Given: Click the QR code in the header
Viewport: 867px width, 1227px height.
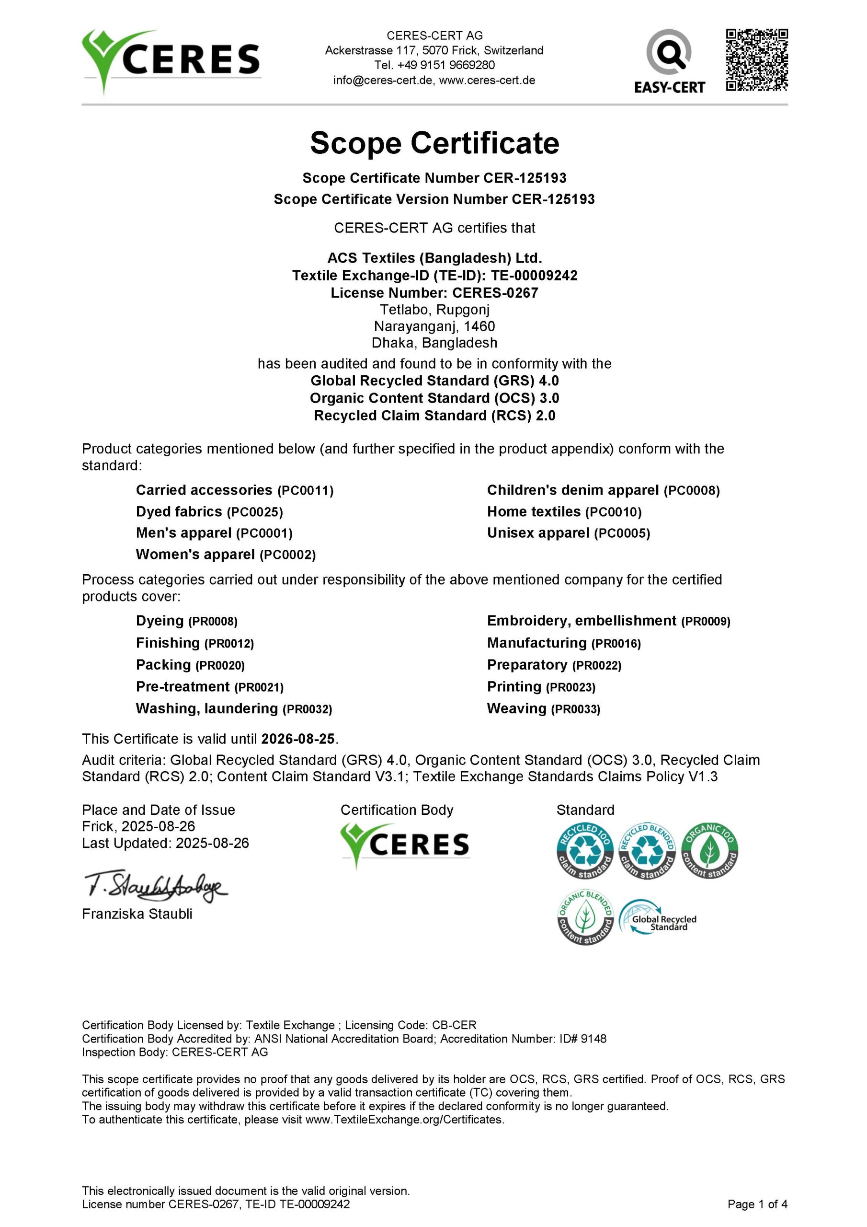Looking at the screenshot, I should (756, 60).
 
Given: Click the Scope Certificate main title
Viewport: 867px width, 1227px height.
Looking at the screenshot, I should (434, 143).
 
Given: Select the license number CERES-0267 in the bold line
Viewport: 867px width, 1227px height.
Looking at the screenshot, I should (495, 293).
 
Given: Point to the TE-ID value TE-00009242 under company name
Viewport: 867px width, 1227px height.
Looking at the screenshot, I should (534, 275).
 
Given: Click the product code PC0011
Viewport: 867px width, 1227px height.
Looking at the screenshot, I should (305, 491).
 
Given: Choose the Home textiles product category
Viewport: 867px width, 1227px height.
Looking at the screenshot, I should (564, 512).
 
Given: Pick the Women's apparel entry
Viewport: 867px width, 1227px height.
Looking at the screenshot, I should (226, 555).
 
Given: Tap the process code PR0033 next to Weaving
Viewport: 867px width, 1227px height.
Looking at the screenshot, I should (576, 709).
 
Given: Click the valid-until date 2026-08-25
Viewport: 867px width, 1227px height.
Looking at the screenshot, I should (297, 739).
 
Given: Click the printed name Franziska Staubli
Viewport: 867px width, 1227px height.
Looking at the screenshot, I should (137, 914).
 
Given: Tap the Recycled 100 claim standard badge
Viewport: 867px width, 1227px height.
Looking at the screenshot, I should (584, 851).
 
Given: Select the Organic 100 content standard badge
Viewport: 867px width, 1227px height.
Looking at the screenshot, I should (709, 851).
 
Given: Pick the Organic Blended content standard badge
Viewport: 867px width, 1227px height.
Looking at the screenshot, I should (584, 917).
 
